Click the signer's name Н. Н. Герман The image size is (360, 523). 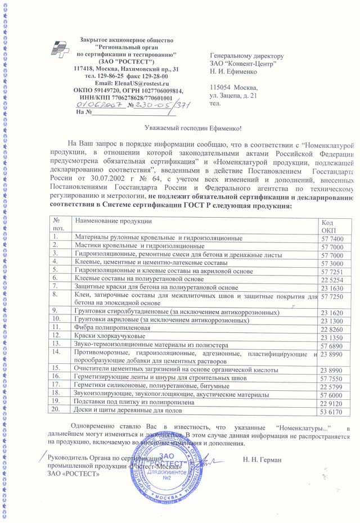pos(262,460)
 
